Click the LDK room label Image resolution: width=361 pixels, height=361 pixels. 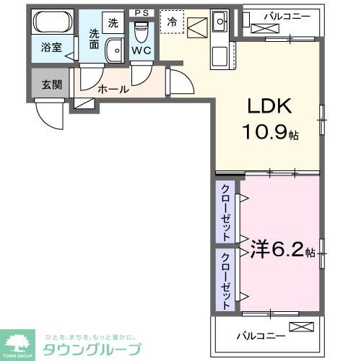point(271,107)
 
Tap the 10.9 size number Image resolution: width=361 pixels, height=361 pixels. point(267,134)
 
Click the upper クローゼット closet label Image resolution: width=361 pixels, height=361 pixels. point(225,212)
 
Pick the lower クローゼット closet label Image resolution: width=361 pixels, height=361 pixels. point(225,280)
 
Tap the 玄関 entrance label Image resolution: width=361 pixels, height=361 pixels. point(51,85)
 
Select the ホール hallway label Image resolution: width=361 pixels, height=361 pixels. point(113,90)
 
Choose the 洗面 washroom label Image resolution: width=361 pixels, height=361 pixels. point(95,38)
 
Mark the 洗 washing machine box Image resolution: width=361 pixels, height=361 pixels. point(113,22)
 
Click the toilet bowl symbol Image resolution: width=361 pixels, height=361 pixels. point(141,32)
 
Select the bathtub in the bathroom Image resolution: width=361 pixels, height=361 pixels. point(53,21)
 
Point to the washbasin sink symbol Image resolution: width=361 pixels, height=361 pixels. point(114,51)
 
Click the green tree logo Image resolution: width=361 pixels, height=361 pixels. point(20,342)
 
